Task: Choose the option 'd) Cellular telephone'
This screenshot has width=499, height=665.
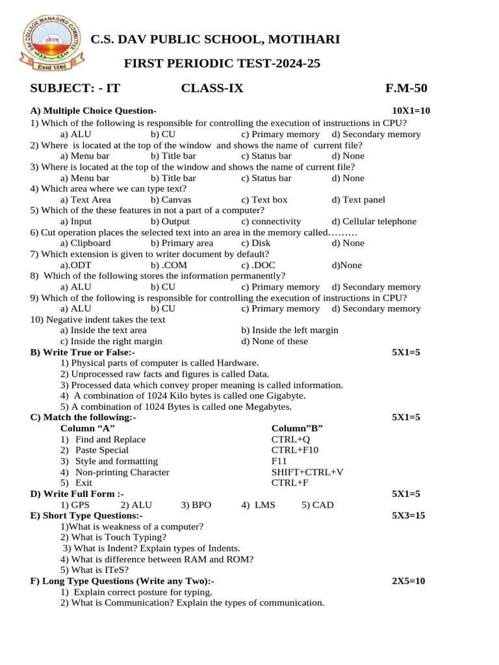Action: tap(374, 221)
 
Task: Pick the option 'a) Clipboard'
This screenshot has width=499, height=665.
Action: tap(85, 243)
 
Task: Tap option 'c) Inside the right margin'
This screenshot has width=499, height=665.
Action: tap(111, 341)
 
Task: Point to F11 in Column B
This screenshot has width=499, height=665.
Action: tap(279, 461)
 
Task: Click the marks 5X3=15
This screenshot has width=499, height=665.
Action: tap(408, 516)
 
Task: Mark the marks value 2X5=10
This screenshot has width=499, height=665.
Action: tap(408, 581)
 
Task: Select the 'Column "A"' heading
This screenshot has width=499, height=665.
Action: tap(88, 429)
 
